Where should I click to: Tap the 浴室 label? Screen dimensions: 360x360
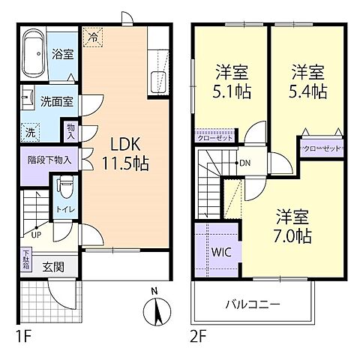tap(62, 53)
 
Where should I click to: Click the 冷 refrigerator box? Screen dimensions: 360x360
tap(93, 34)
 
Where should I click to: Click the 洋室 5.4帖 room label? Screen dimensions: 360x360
tap(308, 82)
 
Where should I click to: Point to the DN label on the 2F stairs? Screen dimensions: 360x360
tap(244, 163)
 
